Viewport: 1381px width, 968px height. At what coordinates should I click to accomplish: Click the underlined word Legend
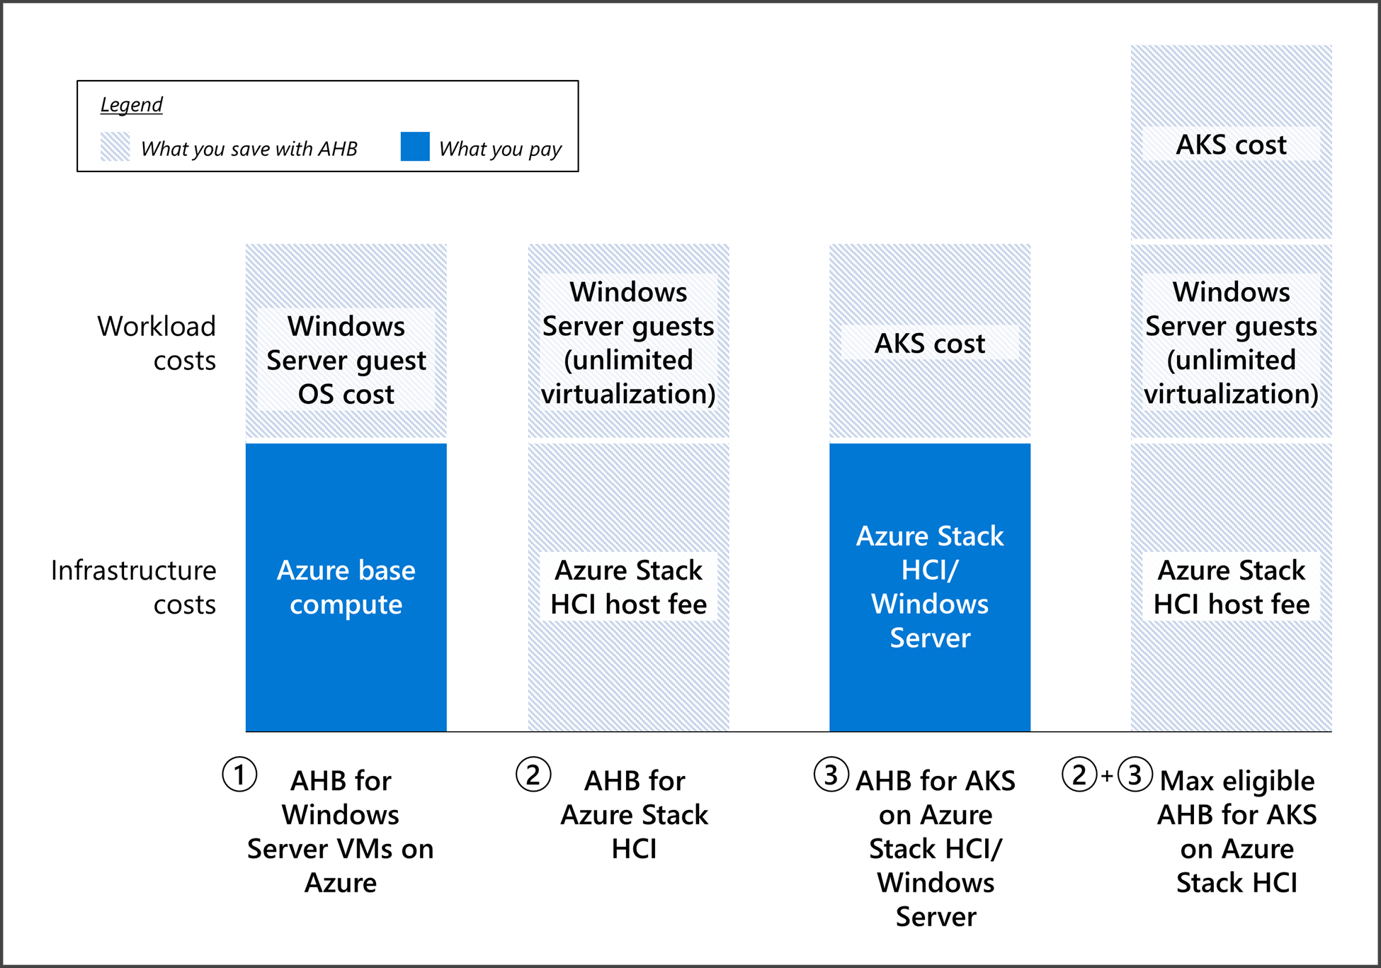(x=131, y=105)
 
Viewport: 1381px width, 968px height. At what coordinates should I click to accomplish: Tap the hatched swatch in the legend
(x=115, y=147)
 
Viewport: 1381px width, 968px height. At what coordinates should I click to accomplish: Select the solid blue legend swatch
(x=415, y=147)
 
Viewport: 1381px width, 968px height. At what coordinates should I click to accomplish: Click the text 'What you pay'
(x=499, y=149)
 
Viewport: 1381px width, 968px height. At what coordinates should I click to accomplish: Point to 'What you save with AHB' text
(x=249, y=149)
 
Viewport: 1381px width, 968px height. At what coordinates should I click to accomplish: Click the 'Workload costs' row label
(x=157, y=343)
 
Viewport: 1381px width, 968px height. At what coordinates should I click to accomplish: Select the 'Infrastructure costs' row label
(x=135, y=587)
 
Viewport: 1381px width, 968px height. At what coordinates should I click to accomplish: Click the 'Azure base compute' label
(x=346, y=587)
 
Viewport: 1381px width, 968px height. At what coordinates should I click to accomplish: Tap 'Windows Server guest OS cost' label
(x=346, y=360)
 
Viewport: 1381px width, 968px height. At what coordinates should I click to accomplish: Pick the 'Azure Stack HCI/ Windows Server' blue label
(x=929, y=587)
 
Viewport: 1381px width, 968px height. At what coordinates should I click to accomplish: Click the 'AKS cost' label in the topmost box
(x=1231, y=145)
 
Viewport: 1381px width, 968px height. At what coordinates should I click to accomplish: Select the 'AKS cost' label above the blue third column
(x=929, y=344)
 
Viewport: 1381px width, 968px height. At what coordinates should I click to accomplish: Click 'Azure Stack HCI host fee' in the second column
(x=628, y=587)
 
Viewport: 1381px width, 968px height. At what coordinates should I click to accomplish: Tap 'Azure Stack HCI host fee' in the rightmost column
(x=1231, y=587)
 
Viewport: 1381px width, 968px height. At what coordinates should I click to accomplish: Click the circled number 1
(x=239, y=775)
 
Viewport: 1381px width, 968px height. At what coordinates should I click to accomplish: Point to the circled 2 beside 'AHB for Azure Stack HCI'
(x=533, y=775)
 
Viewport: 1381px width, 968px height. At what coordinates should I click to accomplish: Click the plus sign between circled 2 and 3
(x=1107, y=776)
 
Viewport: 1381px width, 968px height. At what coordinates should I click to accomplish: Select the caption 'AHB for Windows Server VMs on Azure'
(x=341, y=831)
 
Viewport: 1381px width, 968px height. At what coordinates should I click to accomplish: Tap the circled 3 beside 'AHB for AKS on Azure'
(x=831, y=775)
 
